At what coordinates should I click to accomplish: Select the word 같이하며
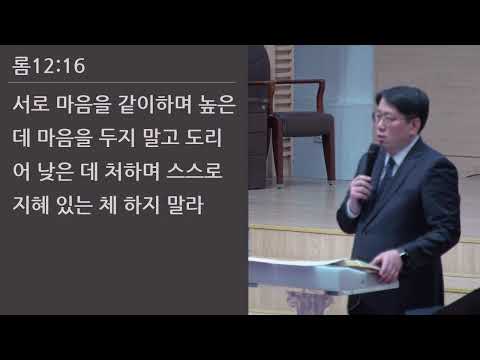(152, 103)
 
